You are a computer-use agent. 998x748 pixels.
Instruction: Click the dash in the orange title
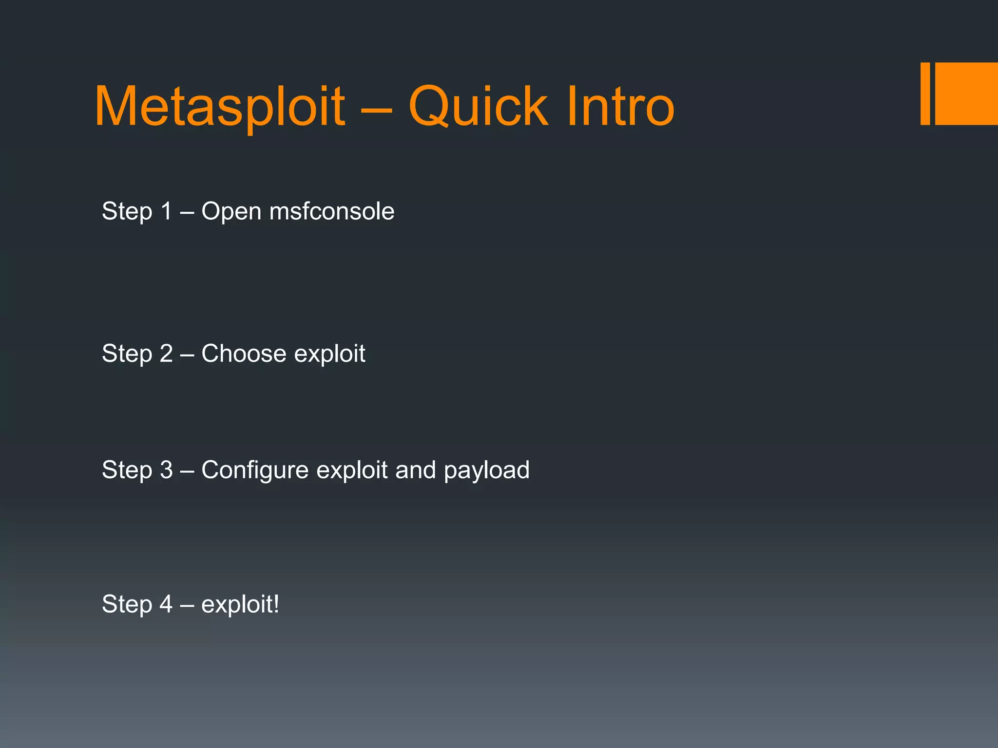(376, 110)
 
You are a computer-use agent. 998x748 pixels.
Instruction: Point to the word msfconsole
(332, 211)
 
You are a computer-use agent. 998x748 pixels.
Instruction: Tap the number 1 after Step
(166, 211)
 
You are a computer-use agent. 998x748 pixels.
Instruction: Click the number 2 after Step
(166, 354)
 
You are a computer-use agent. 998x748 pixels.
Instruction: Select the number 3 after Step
(166, 470)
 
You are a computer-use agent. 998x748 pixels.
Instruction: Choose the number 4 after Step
(166, 604)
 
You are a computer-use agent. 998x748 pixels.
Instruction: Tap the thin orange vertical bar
(925, 94)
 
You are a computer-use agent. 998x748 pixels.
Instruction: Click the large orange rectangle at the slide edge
(966, 94)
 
